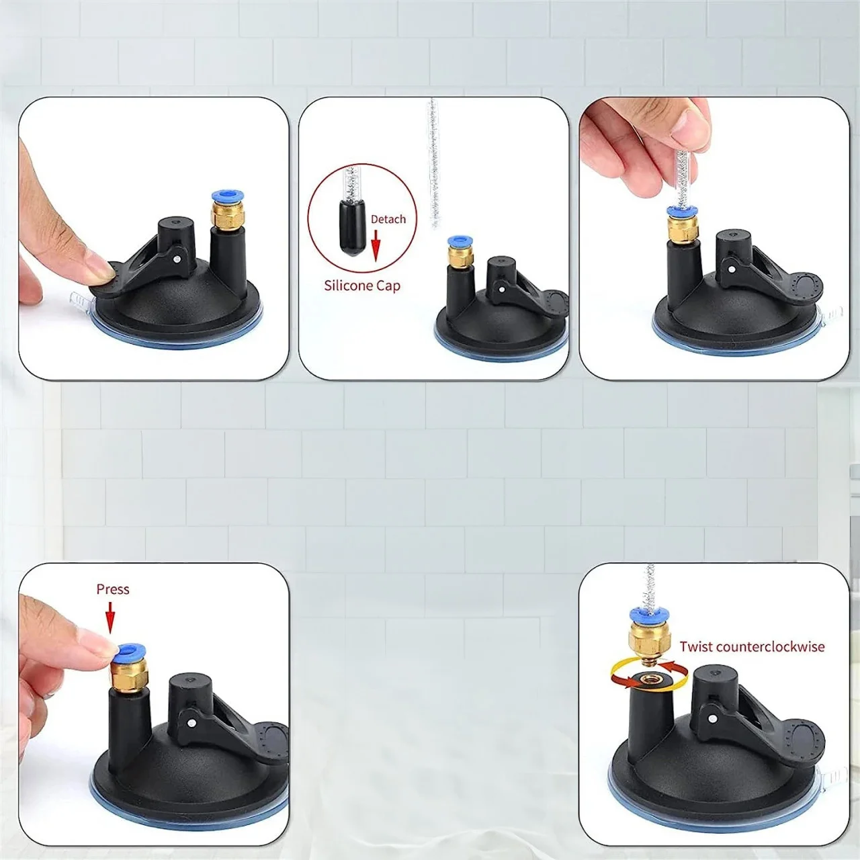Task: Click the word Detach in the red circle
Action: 388,219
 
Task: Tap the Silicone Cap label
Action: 362,286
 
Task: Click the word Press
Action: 113,589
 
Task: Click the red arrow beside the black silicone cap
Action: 376,245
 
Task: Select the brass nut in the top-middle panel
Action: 460,255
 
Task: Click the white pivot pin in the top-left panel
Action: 177,259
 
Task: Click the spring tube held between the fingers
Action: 682,179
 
